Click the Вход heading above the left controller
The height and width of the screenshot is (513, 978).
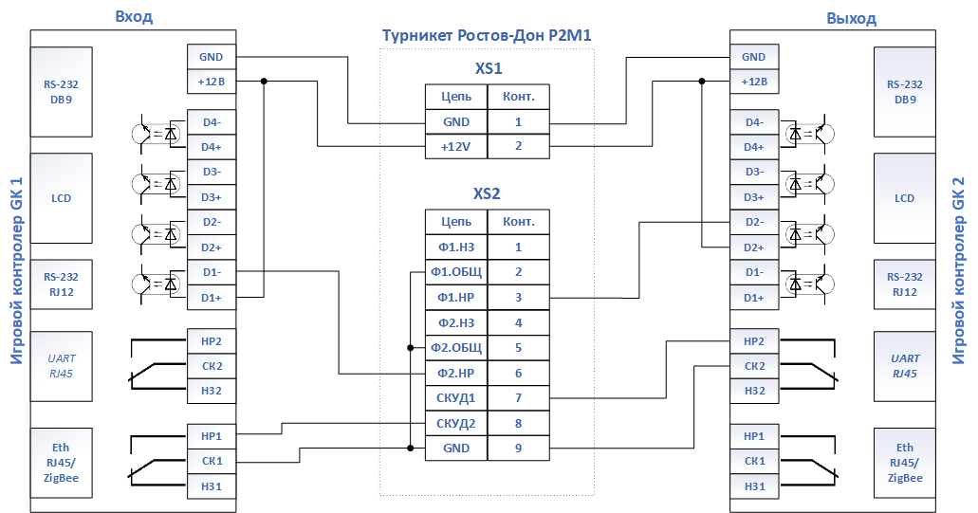134,17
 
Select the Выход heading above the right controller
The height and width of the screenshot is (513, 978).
852,19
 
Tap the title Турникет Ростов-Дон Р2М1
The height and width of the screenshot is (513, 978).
487,35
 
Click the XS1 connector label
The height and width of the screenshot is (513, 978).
489,68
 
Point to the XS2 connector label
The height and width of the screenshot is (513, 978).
487,193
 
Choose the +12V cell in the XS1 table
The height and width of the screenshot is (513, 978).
456,146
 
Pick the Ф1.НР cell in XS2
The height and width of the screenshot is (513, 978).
456,298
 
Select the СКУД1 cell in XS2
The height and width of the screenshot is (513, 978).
456,398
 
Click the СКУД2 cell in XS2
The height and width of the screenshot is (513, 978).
456,424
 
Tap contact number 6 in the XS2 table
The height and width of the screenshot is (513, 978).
518,374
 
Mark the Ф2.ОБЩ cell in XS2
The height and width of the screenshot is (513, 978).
456,348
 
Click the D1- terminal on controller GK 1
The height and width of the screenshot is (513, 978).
212,272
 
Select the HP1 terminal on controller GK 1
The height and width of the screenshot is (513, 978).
212,436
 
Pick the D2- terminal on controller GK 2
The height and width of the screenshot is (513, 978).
754,223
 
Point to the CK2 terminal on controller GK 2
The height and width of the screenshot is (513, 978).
754,366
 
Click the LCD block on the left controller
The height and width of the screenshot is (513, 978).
61,198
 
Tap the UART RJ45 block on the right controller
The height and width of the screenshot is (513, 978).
904,367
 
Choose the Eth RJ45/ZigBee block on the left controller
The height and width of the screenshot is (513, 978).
61,463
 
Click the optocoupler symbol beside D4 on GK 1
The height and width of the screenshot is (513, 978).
156,134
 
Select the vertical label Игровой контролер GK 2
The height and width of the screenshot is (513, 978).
959,270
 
